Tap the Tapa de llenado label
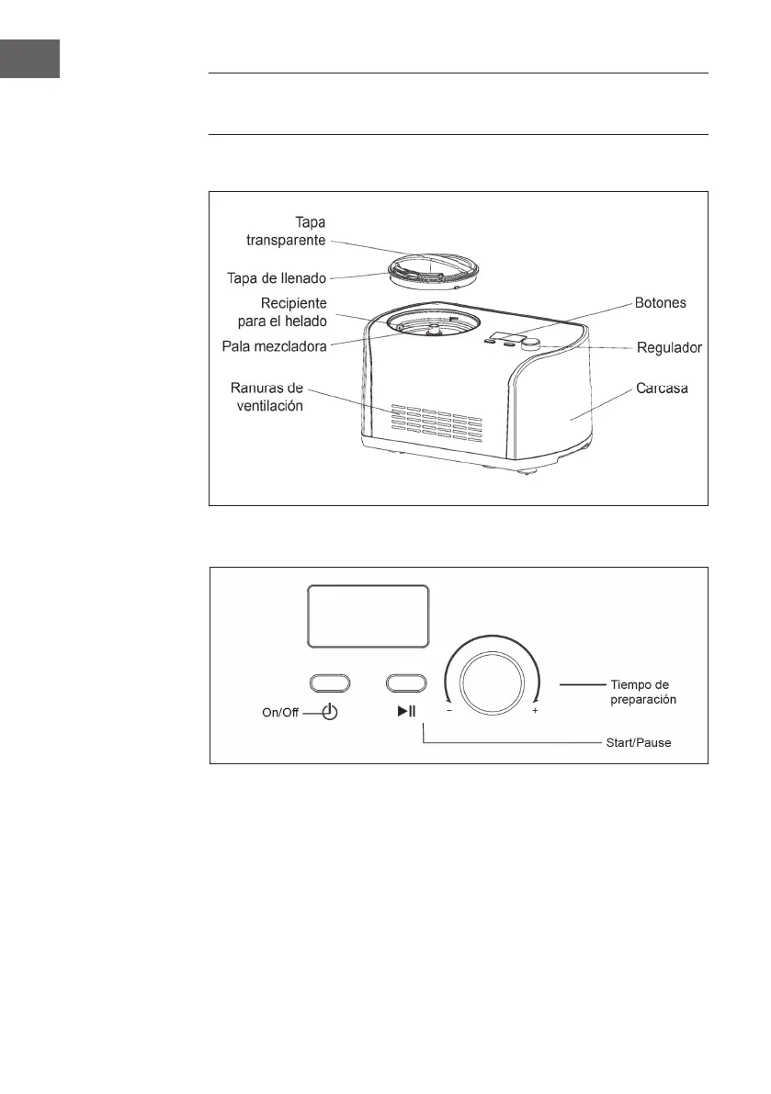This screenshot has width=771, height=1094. tap(275, 276)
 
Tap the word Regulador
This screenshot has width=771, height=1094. tap(670, 348)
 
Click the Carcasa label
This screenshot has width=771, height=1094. tap(661, 389)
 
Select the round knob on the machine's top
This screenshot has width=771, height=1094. tap(531, 345)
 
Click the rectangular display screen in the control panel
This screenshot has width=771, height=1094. tap(368, 615)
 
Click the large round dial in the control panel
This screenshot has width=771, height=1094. tap(492, 683)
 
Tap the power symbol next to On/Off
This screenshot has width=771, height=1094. tap(329, 713)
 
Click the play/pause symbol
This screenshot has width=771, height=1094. tap(407, 712)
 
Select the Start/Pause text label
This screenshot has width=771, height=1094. tap(639, 742)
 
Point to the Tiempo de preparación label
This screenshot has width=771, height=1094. tap(643, 692)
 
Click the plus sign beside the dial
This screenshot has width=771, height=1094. tap(535, 712)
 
